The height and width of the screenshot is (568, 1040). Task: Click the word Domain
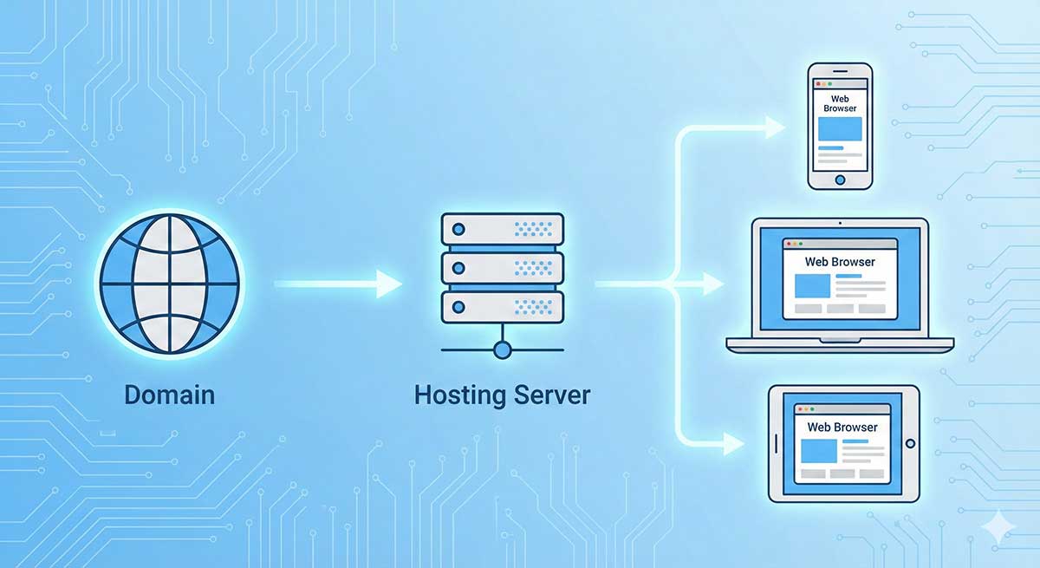[x=169, y=395]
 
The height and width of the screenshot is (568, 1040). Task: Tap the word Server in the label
[x=548, y=395]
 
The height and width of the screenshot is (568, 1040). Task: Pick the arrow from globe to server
[x=338, y=284]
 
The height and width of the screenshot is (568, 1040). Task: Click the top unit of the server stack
[x=503, y=230]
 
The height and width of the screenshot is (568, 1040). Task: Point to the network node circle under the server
[x=503, y=349]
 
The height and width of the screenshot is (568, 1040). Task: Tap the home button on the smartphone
[x=840, y=180]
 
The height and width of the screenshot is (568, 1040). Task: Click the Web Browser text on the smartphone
[x=840, y=104]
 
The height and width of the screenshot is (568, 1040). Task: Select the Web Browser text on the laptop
[x=840, y=261]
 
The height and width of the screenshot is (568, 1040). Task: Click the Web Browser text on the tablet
[x=842, y=427]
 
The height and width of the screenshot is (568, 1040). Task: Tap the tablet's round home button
[x=910, y=443]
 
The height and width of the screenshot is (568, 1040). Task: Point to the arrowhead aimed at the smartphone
[x=775, y=128]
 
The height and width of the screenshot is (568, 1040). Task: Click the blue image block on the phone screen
[x=840, y=130]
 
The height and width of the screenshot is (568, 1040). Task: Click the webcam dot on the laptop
[x=840, y=223]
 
